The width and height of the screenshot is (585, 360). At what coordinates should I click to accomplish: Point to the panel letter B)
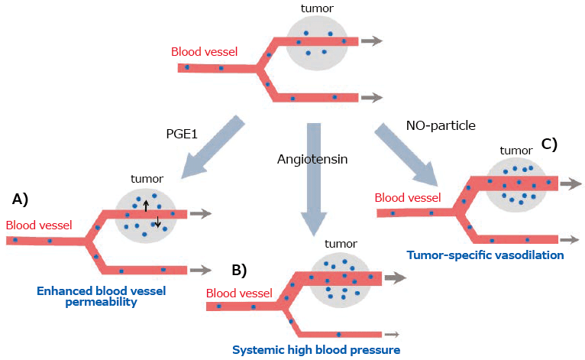[x=239, y=269]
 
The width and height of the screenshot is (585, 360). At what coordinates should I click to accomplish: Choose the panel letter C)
[x=549, y=143]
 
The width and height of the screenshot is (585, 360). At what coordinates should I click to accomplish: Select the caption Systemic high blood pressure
[x=316, y=350]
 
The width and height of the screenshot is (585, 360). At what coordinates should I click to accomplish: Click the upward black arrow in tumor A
[x=146, y=205]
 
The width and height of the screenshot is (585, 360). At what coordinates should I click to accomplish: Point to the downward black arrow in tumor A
[x=157, y=222]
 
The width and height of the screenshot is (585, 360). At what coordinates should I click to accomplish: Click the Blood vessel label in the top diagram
[x=204, y=53]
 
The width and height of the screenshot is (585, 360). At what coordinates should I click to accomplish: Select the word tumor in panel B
[x=340, y=244]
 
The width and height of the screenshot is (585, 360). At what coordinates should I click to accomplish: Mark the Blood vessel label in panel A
[x=39, y=225]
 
